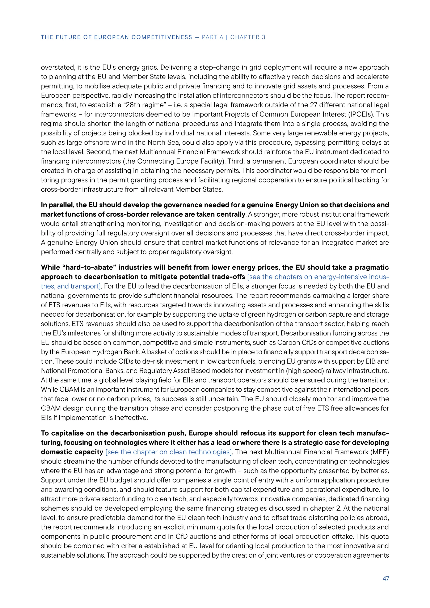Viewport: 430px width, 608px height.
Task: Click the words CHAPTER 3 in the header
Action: (248, 37)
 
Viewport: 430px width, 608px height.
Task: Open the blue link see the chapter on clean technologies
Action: (169, 452)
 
